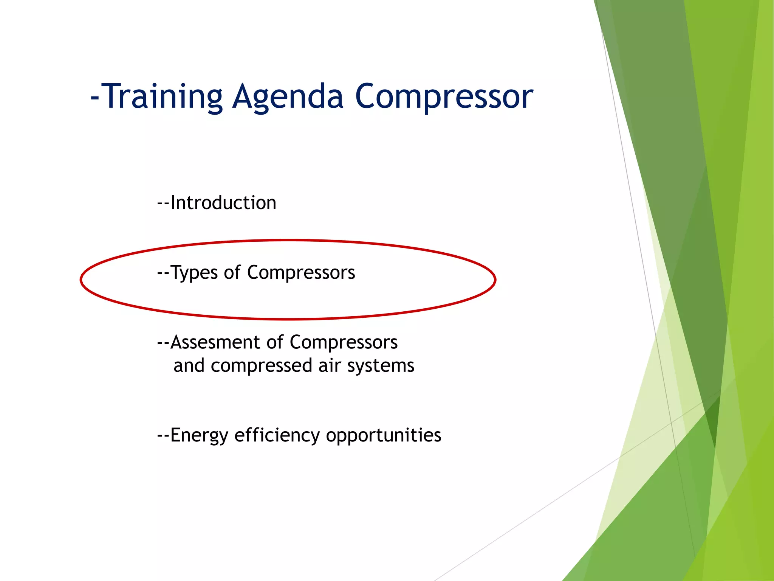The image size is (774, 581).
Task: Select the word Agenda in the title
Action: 287,97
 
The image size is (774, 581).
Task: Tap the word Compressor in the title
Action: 444,97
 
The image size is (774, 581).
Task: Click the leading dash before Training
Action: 94,98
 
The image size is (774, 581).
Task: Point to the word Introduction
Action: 223,203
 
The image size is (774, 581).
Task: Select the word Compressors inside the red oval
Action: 301,273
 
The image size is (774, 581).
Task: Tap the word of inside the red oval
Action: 232,272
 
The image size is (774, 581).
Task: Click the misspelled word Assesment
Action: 215,342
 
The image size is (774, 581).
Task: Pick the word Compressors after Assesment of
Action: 344,342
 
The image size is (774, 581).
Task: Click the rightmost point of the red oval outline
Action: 495,280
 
